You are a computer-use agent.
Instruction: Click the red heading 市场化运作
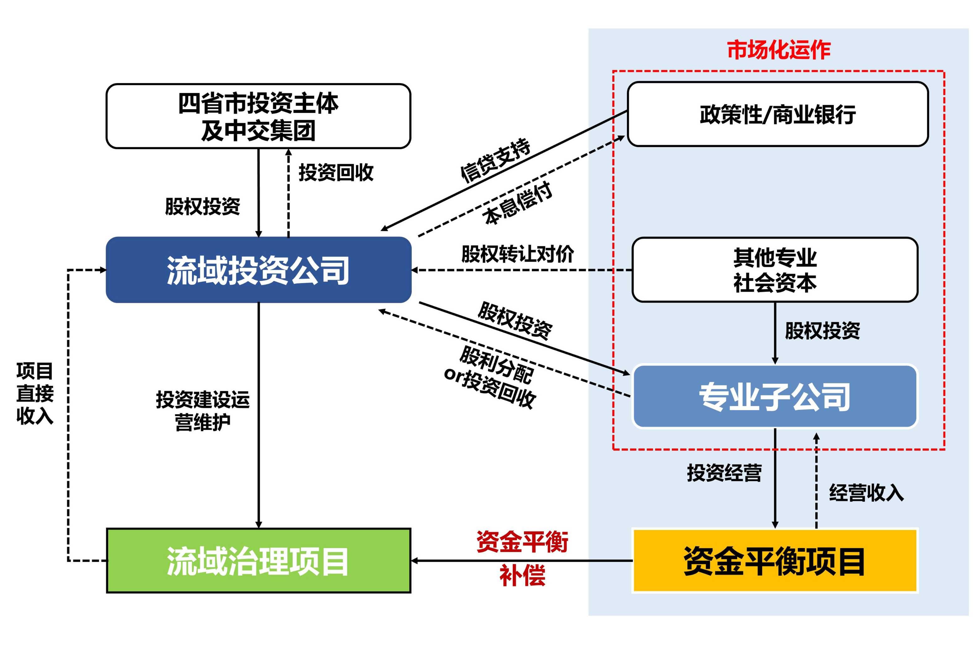pos(778,50)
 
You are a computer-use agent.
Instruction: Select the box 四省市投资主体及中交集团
pos(258,116)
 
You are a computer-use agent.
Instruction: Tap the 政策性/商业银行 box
pos(778,114)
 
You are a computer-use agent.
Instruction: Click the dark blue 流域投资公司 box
pos(258,270)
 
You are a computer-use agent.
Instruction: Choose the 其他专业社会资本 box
pos(775,270)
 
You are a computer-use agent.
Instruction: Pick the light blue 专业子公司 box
pos(775,396)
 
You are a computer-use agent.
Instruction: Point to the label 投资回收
pos(336,172)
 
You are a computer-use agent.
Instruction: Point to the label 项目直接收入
pos(35,393)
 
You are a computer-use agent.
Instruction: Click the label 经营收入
pos(866,493)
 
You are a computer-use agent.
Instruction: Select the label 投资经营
pos(724,473)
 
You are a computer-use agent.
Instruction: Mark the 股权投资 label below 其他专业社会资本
pos(822,331)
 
